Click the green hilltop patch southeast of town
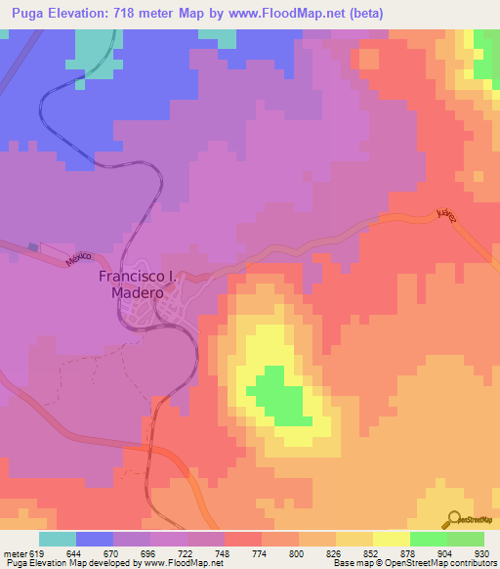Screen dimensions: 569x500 (x=278, y=396)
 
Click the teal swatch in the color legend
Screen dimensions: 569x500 (x=58, y=539)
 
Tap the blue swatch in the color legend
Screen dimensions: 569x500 (x=95, y=539)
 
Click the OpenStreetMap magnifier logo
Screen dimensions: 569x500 (x=452, y=518)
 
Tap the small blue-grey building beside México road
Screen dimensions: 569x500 (x=34, y=247)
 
